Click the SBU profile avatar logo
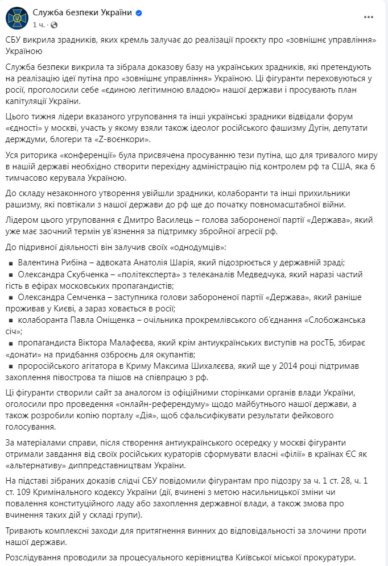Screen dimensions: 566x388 [x=16, y=19]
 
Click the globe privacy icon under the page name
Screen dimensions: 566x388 [x=55, y=25]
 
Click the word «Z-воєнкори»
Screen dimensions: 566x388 [x=125, y=139]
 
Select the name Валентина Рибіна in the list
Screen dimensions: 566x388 [x=51, y=263]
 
